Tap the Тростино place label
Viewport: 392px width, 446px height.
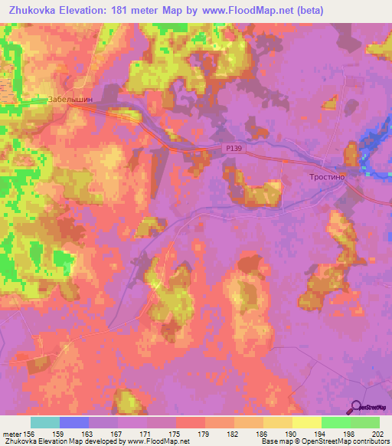328,176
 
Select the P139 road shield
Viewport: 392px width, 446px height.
236,151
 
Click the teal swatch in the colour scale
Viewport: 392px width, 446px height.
45,422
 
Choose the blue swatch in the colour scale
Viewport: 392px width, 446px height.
74,422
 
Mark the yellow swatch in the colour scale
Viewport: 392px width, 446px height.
306,422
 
